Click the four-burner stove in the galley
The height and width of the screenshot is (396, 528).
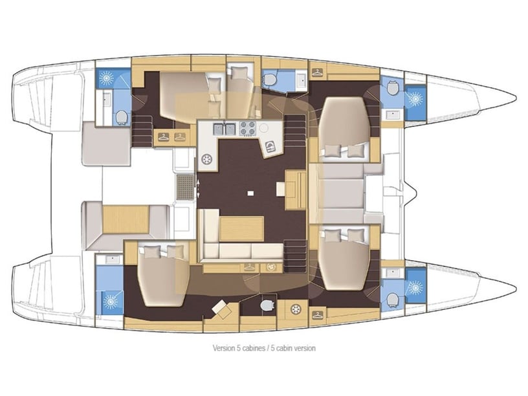[248, 128]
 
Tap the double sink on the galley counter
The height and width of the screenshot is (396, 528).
[225, 129]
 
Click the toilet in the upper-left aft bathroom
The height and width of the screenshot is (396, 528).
[120, 116]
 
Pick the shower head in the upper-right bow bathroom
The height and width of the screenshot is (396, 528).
[414, 99]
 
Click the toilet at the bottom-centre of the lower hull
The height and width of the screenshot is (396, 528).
[266, 304]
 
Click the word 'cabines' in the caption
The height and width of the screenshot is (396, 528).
[258, 348]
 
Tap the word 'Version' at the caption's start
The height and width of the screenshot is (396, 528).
[225, 348]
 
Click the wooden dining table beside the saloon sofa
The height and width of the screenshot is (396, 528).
[241, 229]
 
